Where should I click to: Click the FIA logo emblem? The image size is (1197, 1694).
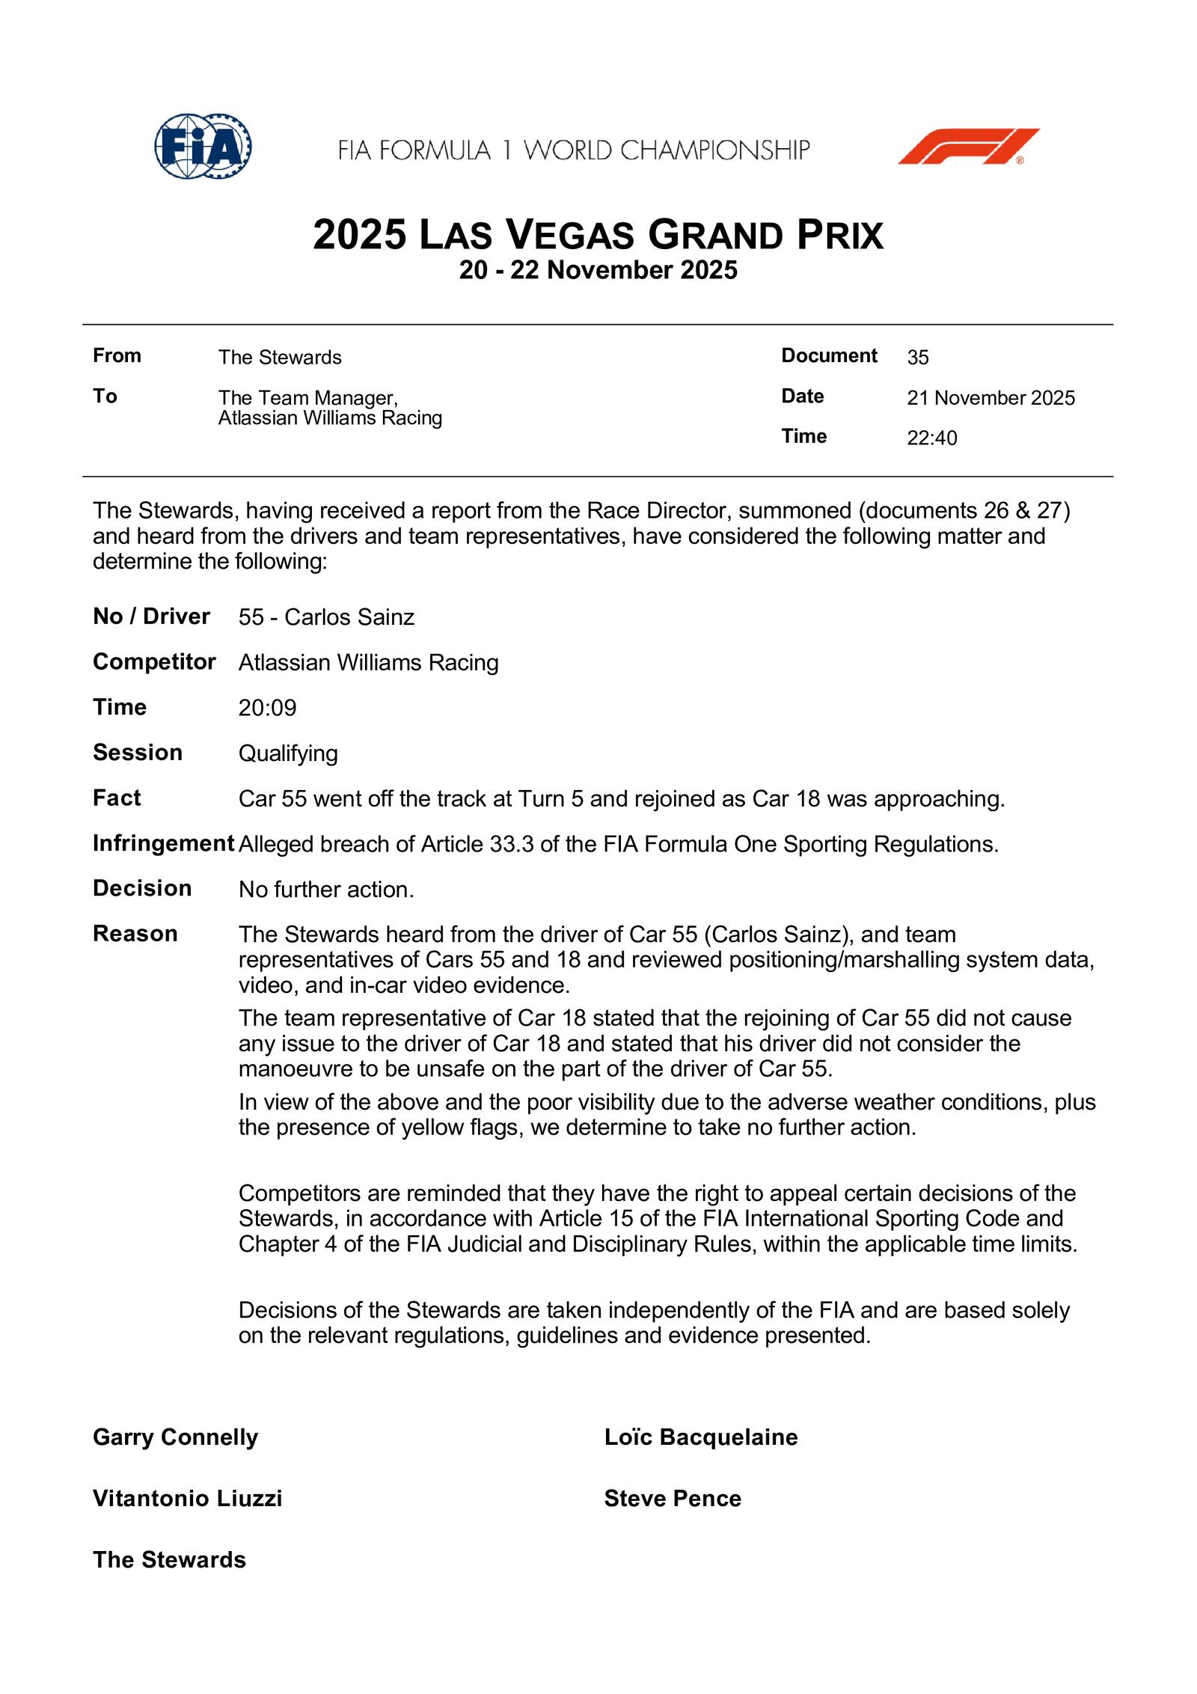click(203, 146)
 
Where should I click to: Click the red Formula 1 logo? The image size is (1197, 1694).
click(968, 146)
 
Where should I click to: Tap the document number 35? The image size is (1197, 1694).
click(918, 358)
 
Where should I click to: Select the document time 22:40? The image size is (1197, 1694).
click(931, 438)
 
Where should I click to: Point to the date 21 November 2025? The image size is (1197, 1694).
click(991, 398)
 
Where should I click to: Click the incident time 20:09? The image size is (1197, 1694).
click(267, 708)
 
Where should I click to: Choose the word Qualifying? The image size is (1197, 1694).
click(288, 753)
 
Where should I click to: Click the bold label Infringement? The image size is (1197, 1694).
click(163, 843)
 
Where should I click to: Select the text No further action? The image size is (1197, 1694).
click(326, 890)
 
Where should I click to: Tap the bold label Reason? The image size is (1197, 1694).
click(135, 934)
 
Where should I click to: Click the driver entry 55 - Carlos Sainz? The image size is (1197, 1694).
click(326, 617)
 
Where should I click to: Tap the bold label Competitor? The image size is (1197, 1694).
click(154, 662)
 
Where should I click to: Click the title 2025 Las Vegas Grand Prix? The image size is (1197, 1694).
click(598, 234)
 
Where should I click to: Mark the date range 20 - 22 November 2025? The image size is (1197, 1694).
click(598, 270)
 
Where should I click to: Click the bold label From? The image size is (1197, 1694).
click(117, 355)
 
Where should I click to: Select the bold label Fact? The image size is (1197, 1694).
click(117, 798)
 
